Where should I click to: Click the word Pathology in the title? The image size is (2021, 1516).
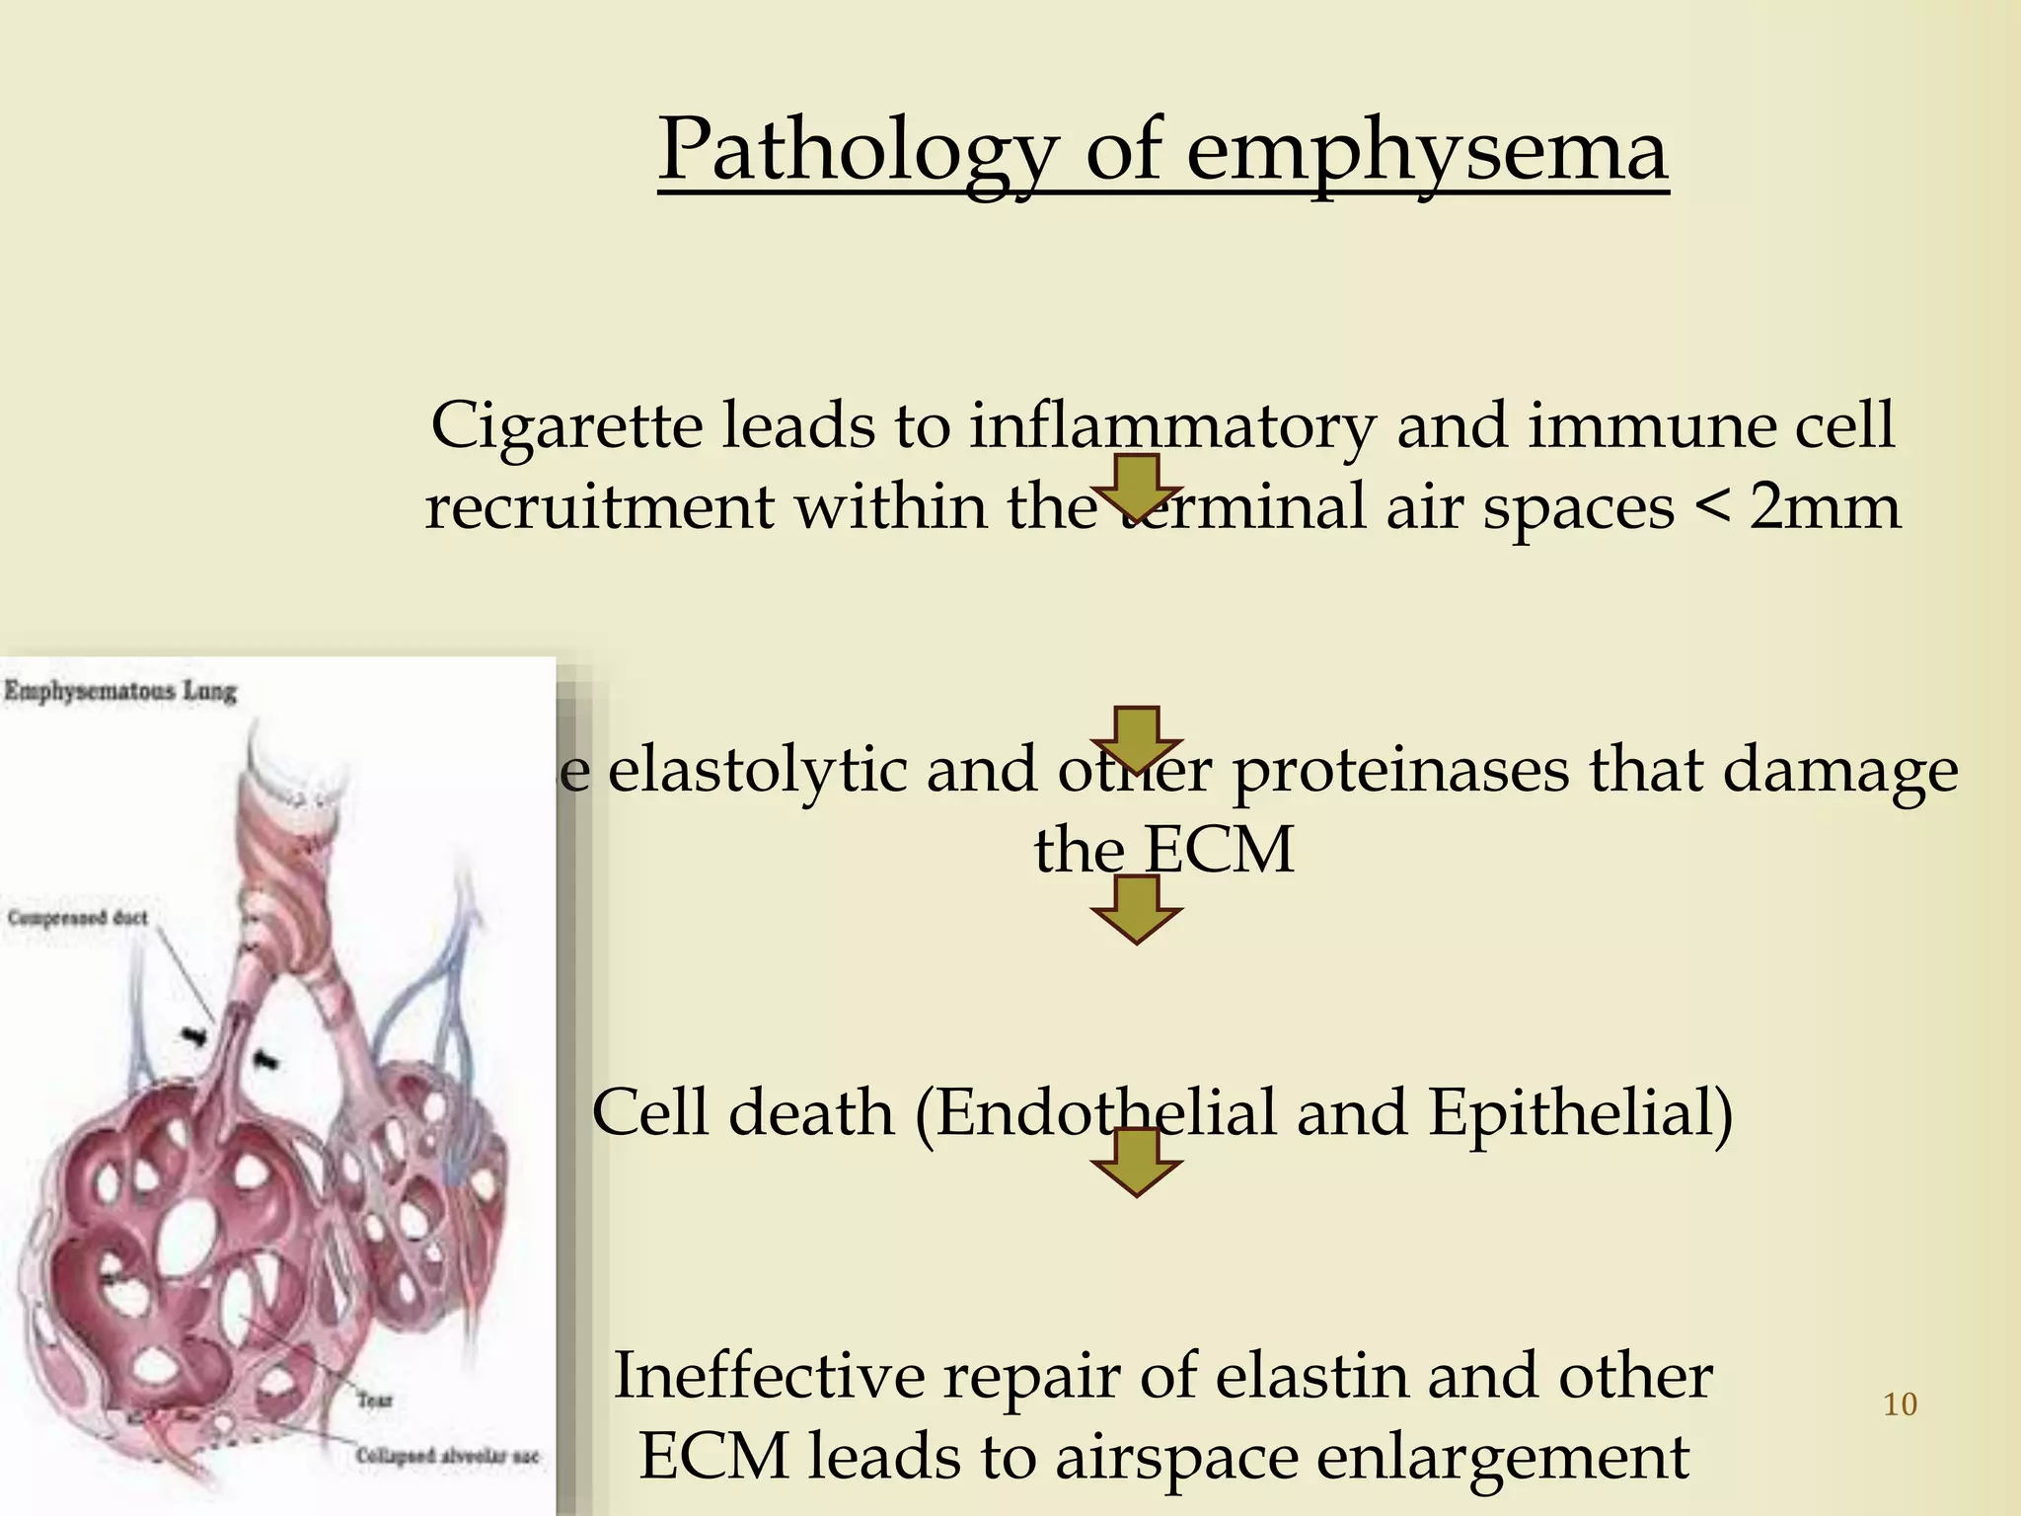pyautogui.click(x=858, y=150)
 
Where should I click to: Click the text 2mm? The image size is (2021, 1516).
pyautogui.click(x=1825, y=507)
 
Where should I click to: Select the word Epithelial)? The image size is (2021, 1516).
pyautogui.click(x=1580, y=1113)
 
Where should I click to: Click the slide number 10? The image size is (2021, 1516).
pyautogui.click(x=1900, y=1404)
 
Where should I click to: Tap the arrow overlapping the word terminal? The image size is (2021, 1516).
pyautogui.click(x=1137, y=487)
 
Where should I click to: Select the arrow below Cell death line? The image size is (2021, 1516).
pyautogui.click(x=1137, y=1163)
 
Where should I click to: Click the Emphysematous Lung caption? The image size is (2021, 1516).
pyautogui.click(x=120, y=691)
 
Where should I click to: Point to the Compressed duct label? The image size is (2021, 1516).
pyautogui.click(x=78, y=918)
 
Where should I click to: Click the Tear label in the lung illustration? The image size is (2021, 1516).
pyautogui.click(x=375, y=1400)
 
